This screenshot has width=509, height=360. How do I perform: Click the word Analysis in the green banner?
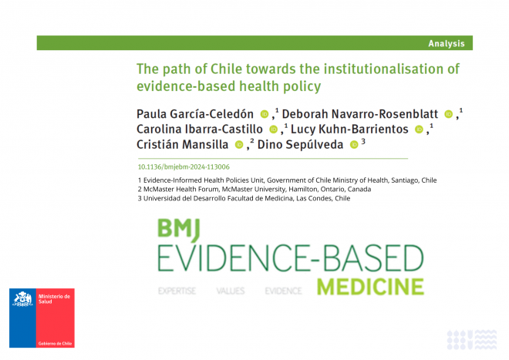pos(447,43)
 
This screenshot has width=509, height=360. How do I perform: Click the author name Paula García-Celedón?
pos(195,114)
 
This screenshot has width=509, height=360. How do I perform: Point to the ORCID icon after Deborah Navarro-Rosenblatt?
pos(448,114)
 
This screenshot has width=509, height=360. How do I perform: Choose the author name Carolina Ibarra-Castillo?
pos(199,130)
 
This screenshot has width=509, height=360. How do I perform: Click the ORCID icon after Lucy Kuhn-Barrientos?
pos(419,130)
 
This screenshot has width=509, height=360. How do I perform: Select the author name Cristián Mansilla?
pos(183,144)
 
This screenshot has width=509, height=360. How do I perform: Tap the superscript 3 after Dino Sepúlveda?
pos(363,141)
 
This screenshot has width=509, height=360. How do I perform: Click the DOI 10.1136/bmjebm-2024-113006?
pos(184,167)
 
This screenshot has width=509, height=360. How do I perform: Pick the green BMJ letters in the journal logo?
pos(179,230)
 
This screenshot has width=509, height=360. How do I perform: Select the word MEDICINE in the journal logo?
pos(370,287)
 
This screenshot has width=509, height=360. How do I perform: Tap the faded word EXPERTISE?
pos(177,291)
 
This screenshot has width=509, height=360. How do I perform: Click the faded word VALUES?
pos(231,291)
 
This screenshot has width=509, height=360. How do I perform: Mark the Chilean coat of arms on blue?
pos(22,299)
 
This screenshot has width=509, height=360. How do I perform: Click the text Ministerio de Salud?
pos(54,299)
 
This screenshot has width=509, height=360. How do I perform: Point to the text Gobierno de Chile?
pos(55,344)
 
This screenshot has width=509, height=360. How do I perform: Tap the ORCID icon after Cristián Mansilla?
pos(239,145)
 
